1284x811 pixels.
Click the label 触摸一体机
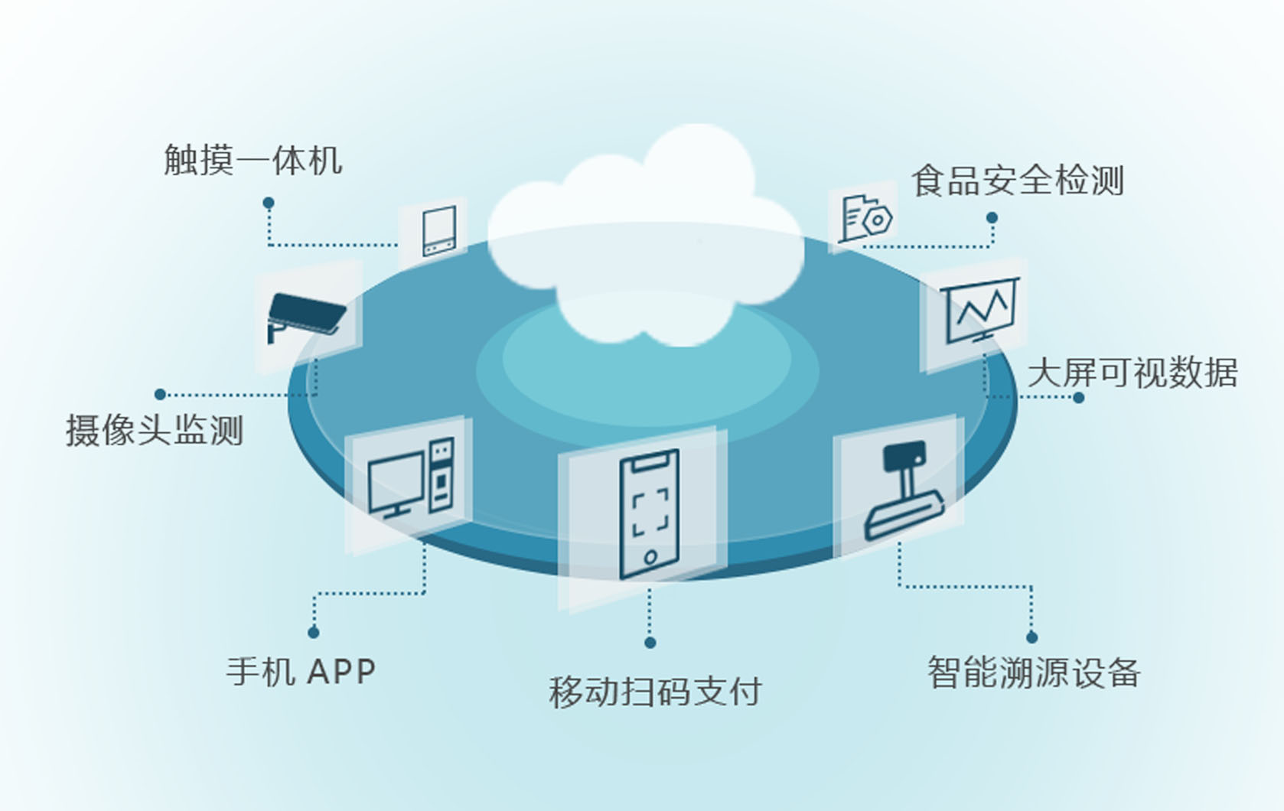(x=253, y=161)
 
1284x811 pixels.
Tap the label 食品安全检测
(x=1017, y=181)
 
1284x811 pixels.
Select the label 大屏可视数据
(x=1132, y=373)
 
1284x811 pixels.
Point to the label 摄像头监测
(x=155, y=430)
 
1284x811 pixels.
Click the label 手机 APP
(x=301, y=672)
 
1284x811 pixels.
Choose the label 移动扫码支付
(x=655, y=692)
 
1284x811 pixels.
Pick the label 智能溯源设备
(x=1034, y=673)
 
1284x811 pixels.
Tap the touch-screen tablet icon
(x=439, y=230)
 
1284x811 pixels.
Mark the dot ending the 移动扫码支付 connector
(x=650, y=643)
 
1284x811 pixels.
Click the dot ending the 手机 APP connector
(x=313, y=633)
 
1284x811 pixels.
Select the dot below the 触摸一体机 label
(x=269, y=203)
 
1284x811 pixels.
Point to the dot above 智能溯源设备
(x=1031, y=637)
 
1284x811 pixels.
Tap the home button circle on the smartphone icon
(x=650, y=557)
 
